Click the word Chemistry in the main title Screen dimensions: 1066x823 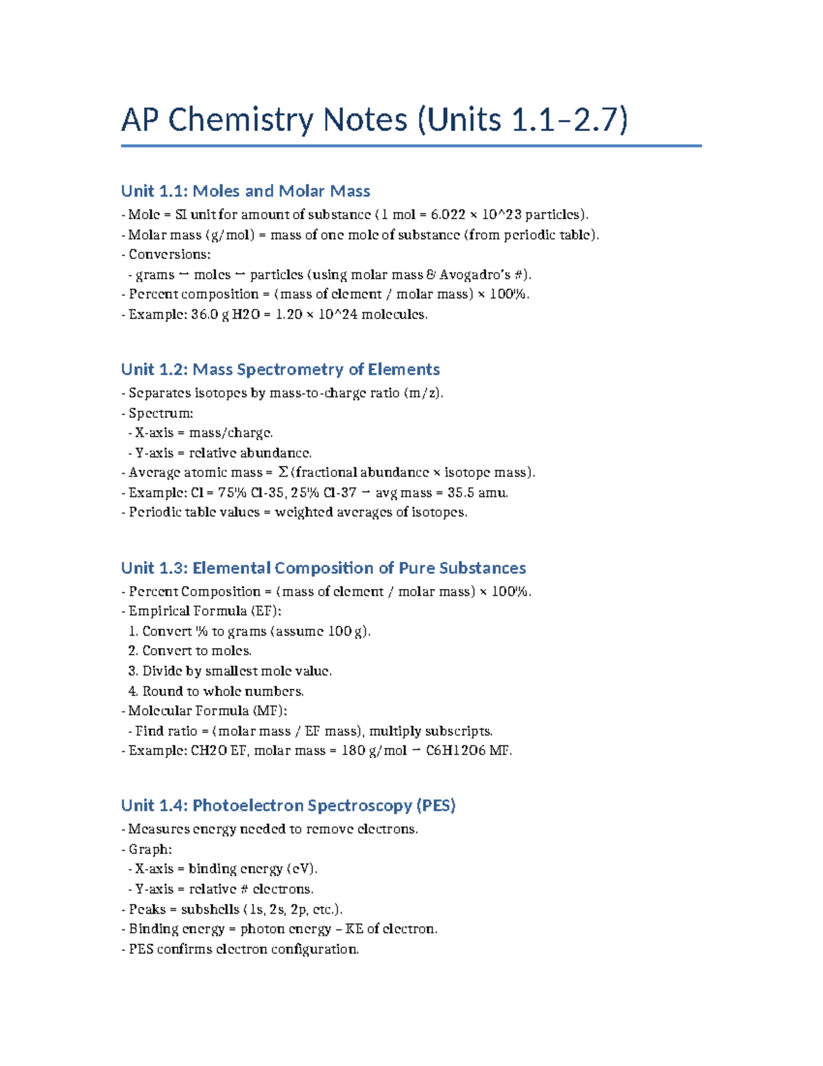[x=253, y=120]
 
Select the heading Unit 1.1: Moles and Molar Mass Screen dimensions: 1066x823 [x=246, y=191]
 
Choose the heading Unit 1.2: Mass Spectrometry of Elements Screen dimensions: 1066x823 [x=280, y=369]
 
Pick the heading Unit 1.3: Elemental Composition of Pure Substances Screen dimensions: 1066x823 [x=323, y=568]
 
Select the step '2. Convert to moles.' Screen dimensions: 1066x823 [x=190, y=651]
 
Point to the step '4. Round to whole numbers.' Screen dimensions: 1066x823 [x=216, y=691]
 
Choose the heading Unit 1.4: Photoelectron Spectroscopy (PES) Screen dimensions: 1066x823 [x=288, y=805]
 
